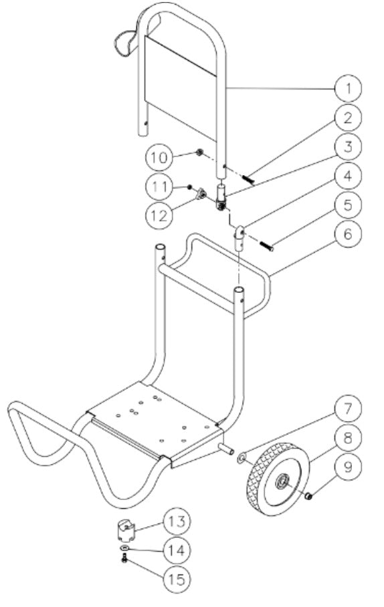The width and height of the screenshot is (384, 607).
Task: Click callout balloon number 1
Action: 348,88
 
